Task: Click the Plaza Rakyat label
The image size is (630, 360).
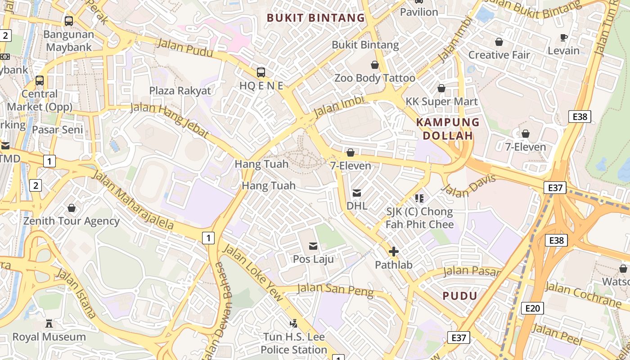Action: click(180, 90)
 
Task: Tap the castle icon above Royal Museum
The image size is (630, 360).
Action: click(49, 324)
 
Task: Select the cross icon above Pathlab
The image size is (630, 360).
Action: click(394, 252)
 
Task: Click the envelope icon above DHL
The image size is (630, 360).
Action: click(357, 193)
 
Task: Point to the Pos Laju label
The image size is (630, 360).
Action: click(313, 259)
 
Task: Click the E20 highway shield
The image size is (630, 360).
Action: click(532, 308)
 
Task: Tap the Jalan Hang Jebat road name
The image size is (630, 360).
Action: click(170, 120)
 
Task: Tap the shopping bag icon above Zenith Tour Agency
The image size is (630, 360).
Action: click(72, 208)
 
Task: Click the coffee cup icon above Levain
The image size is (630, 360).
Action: click(563, 38)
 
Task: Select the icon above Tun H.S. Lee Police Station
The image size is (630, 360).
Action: click(294, 324)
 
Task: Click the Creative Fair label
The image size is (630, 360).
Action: click(499, 55)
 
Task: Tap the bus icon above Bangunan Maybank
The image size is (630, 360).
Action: click(68, 21)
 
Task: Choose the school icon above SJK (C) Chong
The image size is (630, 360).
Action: click(419, 198)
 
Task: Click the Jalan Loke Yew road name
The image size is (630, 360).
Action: click(253, 273)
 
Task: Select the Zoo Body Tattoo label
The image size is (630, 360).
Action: click(374, 78)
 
